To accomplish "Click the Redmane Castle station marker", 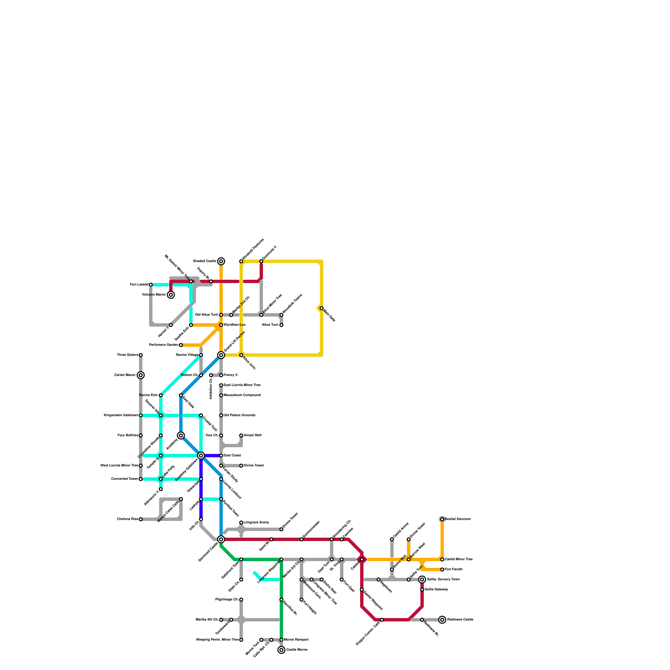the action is (442, 620).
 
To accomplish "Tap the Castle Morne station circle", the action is (281, 650).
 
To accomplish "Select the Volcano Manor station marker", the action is (171, 295).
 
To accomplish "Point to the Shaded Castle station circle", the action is (221, 261).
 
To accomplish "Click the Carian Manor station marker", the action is (141, 375).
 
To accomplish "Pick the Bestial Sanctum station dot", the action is (442, 519).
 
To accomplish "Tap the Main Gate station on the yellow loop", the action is (322, 308).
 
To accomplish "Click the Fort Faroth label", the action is (454, 569).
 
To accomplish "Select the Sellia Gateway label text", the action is (436, 590).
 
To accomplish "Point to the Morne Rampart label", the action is (296, 640).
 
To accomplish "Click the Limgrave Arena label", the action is (256, 523).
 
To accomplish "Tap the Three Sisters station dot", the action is (141, 355).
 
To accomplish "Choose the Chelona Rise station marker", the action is (141, 519).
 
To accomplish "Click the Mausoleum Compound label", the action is (242, 395).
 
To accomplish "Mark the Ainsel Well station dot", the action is (241, 435).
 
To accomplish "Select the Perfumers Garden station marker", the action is (181, 345).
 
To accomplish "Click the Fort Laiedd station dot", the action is (151, 285).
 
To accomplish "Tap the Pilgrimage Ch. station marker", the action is (241, 600).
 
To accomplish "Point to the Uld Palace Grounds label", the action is (240, 415).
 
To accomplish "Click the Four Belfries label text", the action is (128, 435).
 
